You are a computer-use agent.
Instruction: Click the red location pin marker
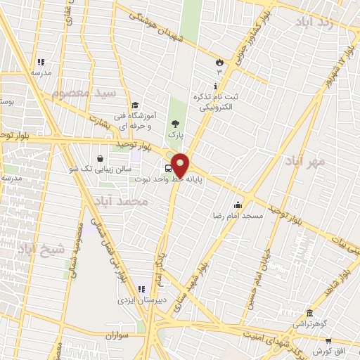click(180, 165)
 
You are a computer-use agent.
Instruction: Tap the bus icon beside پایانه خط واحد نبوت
click(168, 168)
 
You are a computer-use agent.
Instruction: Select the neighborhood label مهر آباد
click(306, 161)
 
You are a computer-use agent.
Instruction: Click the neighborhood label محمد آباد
click(124, 201)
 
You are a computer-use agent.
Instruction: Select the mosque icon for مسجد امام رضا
click(238, 205)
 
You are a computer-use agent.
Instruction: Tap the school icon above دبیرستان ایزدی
click(141, 288)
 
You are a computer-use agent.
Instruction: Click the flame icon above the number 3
click(219, 62)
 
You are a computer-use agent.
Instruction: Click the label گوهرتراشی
click(309, 324)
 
